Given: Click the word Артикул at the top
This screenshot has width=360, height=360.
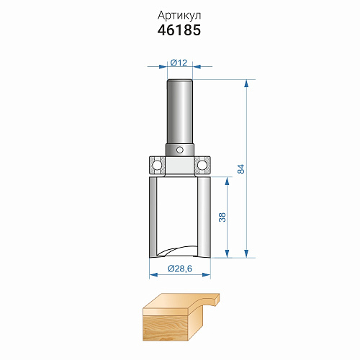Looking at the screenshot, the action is point(179,16).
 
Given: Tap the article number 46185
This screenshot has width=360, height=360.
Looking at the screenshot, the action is point(179,30).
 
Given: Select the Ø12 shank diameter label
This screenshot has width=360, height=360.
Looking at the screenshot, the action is point(179,63).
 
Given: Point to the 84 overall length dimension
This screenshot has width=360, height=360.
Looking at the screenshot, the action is point(240,169).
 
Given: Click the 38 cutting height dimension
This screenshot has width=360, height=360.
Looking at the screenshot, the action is point(222,217).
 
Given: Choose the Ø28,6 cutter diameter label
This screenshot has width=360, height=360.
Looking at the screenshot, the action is point(180,269).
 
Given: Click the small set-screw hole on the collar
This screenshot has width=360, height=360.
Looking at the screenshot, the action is point(179,150).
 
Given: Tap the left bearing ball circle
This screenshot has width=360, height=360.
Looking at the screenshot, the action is point(157,165).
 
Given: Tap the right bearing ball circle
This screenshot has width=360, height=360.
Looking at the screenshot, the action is point(202,165).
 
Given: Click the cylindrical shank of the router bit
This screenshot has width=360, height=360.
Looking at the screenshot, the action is point(180,112).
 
